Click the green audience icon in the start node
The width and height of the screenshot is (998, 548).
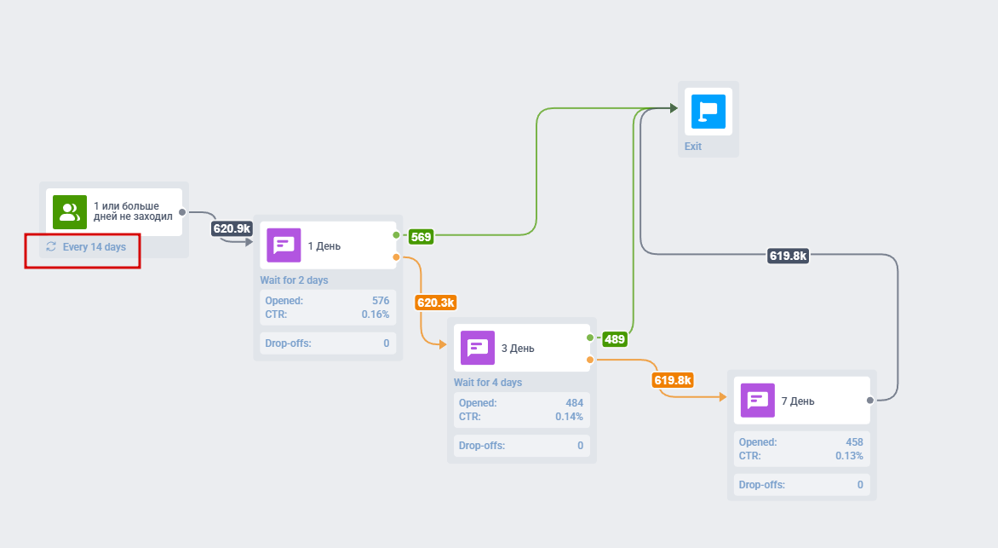(x=70, y=212)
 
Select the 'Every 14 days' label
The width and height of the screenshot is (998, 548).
(x=94, y=247)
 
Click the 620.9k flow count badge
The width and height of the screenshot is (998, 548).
(x=232, y=228)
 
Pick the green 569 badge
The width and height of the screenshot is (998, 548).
(x=421, y=237)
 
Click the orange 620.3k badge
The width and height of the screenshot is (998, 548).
(x=436, y=303)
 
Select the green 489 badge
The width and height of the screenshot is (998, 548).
(x=615, y=339)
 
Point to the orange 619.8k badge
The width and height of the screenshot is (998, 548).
(x=673, y=380)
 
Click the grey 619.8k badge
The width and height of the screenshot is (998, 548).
(x=789, y=255)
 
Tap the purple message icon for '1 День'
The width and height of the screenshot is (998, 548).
(x=284, y=245)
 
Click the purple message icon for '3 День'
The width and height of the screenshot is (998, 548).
(x=478, y=348)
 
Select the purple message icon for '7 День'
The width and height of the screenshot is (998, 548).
(x=758, y=400)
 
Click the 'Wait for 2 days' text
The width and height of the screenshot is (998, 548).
(x=294, y=280)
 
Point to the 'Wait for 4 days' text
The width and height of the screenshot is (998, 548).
(x=488, y=383)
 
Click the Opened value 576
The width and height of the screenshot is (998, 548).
(x=381, y=301)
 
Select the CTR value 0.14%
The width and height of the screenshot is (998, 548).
(x=568, y=417)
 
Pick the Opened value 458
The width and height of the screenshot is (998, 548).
(x=854, y=442)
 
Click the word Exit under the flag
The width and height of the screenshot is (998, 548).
(x=693, y=147)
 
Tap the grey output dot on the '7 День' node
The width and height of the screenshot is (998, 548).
(x=870, y=400)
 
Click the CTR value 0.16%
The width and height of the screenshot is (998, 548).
(x=376, y=314)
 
